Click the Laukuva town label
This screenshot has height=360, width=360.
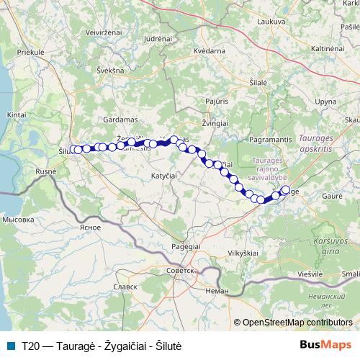click(x=271, y=22)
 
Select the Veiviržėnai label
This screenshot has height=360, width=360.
click(x=103, y=32)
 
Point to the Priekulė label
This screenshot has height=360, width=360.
click(x=31, y=53)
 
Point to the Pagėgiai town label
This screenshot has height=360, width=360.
click(x=186, y=246)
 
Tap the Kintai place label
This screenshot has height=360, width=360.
click(x=17, y=114)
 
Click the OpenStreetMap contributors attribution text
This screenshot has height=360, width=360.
click(x=297, y=323)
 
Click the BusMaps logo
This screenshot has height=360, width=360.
click(x=325, y=346)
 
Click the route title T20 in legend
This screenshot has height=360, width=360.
click(x=30, y=346)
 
